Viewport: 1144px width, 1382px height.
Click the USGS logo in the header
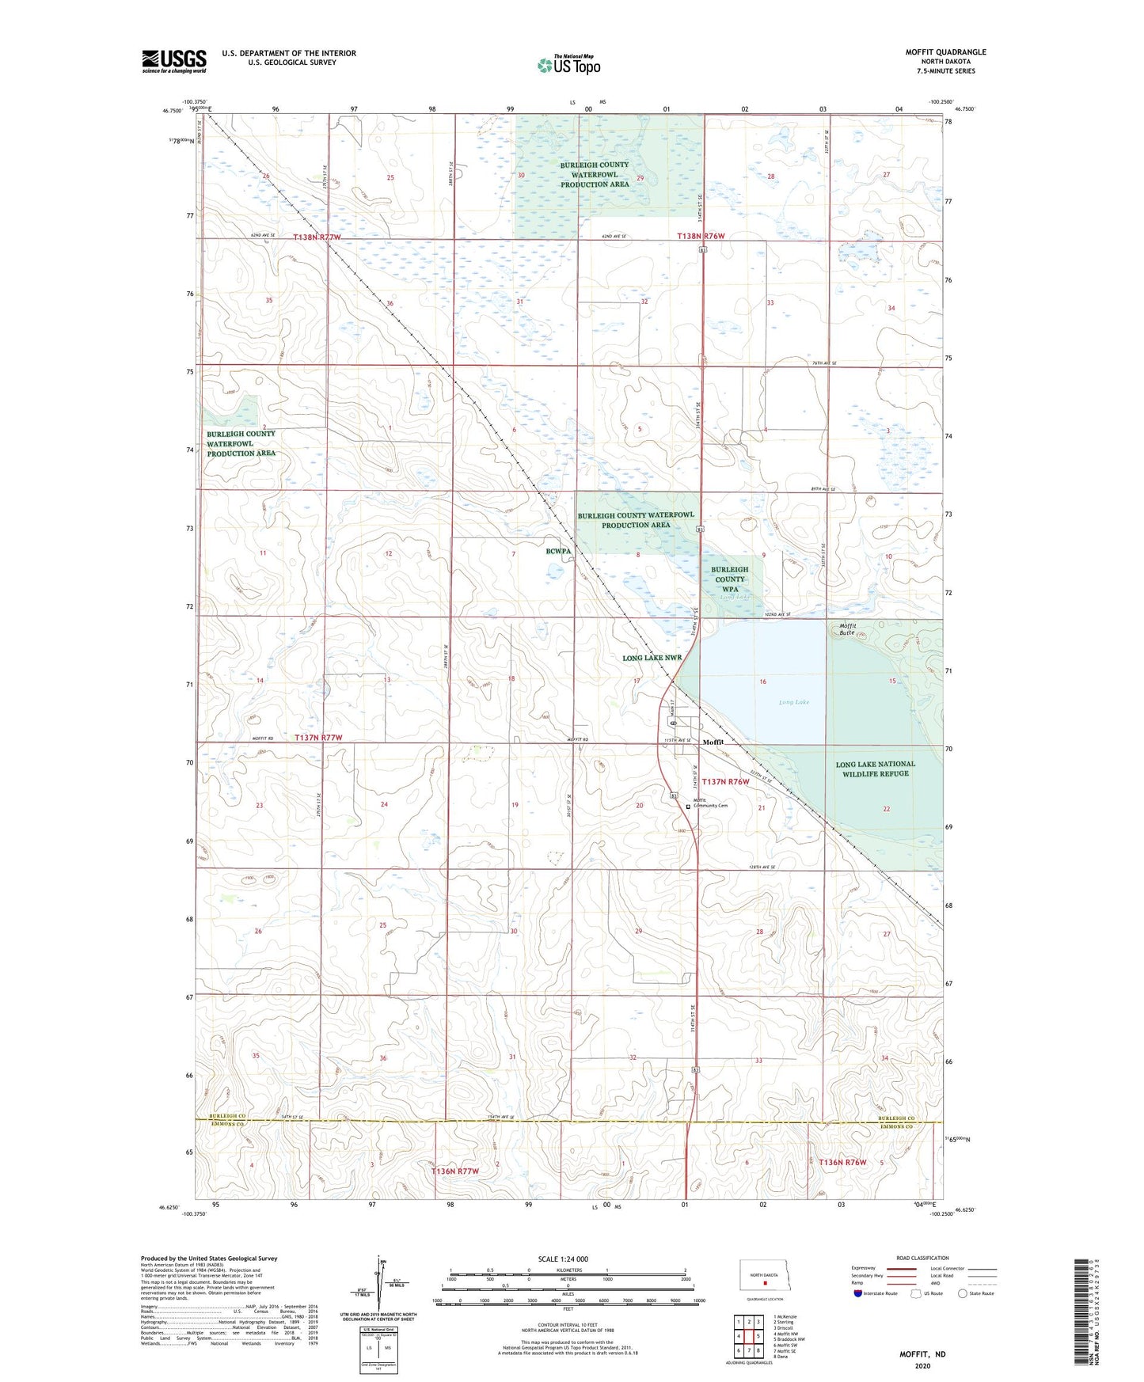174,61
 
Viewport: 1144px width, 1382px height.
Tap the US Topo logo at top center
568,65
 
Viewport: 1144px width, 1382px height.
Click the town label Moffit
713,742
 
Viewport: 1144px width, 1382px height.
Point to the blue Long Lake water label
793,702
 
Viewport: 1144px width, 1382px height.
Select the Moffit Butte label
847,629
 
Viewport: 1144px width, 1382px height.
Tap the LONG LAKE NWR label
652,658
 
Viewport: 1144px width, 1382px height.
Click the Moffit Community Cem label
710,803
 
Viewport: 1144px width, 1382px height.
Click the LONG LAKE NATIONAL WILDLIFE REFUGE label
875,769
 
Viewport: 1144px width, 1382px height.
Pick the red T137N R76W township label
724,781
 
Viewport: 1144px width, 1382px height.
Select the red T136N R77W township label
454,1171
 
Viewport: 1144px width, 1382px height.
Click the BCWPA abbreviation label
558,551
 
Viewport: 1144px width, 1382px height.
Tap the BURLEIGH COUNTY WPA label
729,579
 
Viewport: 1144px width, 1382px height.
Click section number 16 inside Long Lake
762,682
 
